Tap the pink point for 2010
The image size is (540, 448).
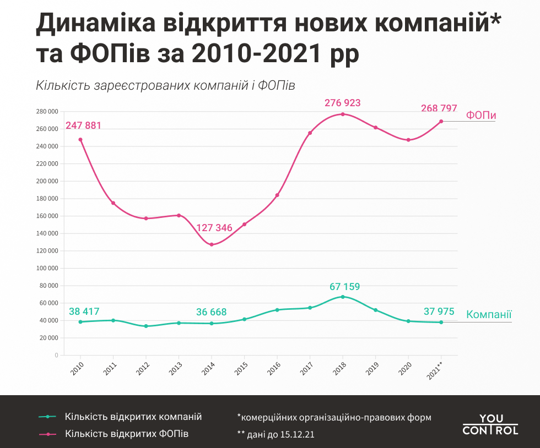80,139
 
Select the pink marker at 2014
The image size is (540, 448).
212,244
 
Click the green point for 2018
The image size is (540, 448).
343,297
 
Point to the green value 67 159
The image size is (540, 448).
344,286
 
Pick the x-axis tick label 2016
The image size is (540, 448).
276,367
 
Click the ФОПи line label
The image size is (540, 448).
481,116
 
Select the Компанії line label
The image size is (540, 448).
489,315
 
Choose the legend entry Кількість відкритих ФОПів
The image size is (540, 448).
127,434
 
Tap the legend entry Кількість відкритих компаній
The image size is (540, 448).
133,417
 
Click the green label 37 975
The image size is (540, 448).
439,312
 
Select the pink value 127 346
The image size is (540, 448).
214,228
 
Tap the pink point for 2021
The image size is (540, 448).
441,121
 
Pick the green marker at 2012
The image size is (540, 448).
146,326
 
